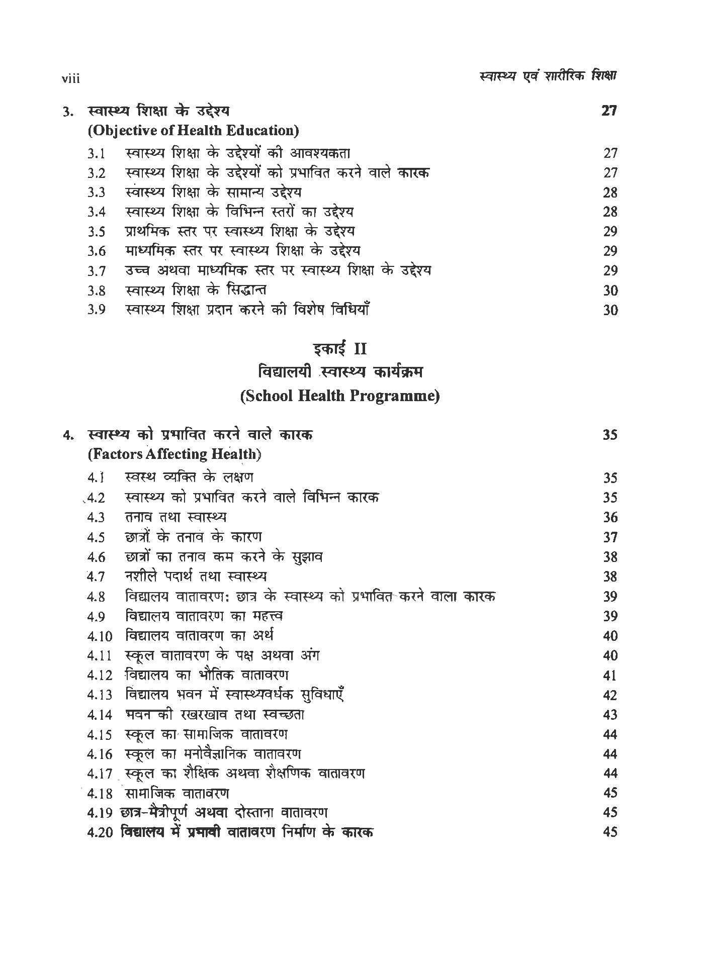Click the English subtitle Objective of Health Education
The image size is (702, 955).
[193, 131]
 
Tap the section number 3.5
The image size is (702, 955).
[96, 232]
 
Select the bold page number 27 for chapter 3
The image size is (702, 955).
[609, 111]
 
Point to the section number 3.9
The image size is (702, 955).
[96, 310]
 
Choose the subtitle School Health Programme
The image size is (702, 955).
[339, 396]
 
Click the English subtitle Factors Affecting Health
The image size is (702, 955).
[174, 454]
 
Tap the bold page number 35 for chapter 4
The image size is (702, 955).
[609, 435]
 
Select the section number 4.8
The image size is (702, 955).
[96, 597]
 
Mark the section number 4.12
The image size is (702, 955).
[99, 676]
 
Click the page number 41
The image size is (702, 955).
[609, 676]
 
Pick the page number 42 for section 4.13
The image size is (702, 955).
[609, 696]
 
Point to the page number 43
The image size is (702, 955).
[609, 715]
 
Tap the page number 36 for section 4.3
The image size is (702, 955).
[609, 518]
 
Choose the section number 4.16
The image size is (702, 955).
[99, 754]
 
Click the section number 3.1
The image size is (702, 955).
[96, 154]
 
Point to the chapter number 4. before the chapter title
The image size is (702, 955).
[68, 436]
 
